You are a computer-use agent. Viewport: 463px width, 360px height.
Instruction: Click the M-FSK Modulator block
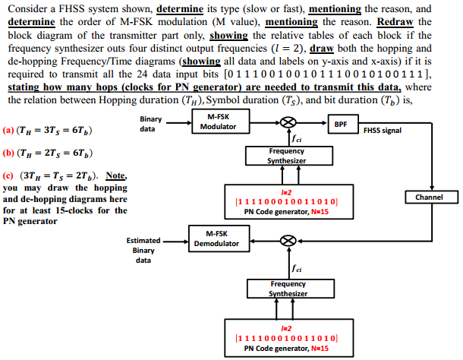tap(218, 122)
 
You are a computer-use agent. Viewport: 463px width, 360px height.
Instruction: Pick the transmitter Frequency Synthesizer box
tap(287, 156)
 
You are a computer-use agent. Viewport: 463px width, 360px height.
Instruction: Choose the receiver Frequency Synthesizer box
tap(287, 289)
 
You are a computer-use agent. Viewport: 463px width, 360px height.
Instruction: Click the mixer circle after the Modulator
tap(288, 123)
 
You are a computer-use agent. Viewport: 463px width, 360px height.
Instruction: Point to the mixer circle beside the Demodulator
tap(288, 240)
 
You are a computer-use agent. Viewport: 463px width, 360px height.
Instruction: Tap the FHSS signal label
tap(383, 131)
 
